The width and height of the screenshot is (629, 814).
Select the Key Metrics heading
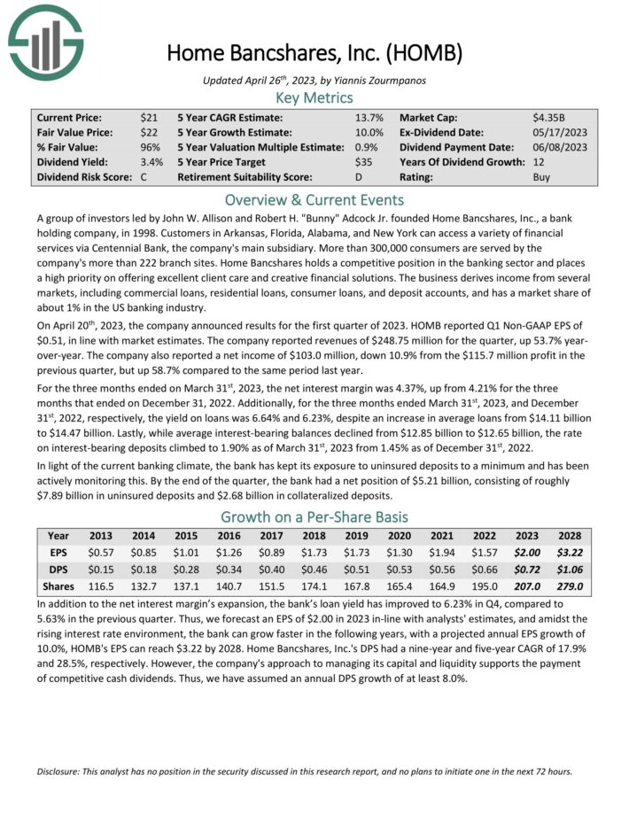click(314, 97)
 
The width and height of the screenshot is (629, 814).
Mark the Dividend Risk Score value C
click(144, 177)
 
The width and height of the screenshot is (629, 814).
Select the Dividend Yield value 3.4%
click(151, 162)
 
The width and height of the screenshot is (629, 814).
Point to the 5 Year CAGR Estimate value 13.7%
click(369, 117)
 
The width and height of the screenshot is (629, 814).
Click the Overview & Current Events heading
click(314, 199)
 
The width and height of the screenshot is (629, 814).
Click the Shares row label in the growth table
click(58, 586)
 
